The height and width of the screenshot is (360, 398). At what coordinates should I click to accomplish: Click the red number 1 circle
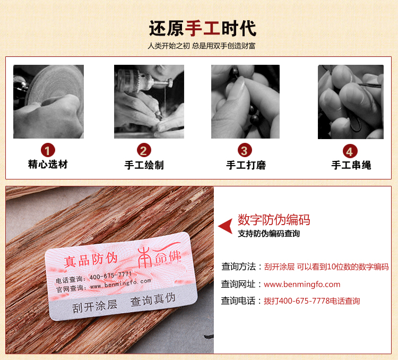pyautogui.click(x=48, y=150)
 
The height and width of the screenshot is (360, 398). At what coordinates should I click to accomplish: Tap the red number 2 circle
pyautogui.click(x=144, y=150)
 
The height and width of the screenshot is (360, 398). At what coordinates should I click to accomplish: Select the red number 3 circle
pyautogui.click(x=245, y=150)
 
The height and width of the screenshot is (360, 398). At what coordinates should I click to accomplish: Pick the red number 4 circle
pyautogui.click(x=350, y=151)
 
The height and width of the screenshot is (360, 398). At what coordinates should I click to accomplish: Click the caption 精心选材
pyautogui.click(x=48, y=164)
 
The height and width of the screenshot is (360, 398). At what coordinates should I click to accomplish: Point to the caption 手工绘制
pyautogui.click(x=144, y=165)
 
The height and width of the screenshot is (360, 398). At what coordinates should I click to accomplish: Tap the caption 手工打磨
pyautogui.click(x=246, y=165)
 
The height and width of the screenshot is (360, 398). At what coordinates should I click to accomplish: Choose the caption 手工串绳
pyautogui.click(x=351, y=165)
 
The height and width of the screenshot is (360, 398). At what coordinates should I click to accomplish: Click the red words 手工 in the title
pyautogui.click(x=202, y=28)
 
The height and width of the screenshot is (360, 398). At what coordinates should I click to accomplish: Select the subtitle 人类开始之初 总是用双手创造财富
pyautogui.click(x=202, y=46)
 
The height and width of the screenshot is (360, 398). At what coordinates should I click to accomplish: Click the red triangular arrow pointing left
pyautogui.click(x=226, y=226)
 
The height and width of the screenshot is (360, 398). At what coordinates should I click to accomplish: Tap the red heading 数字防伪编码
pyautogui.click(x=274, y=220)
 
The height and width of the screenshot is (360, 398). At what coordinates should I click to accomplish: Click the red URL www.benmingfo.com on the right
pyautogui.click(x=302, y=284)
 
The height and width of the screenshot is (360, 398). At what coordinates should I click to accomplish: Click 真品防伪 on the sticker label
pyautogui.click(x=90, y=260)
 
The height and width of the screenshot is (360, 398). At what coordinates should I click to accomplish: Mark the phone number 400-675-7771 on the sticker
pyautogui.click(x=110, y=276)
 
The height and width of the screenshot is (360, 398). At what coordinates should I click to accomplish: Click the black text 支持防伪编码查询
pyautogui.click(x=269, y=234)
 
